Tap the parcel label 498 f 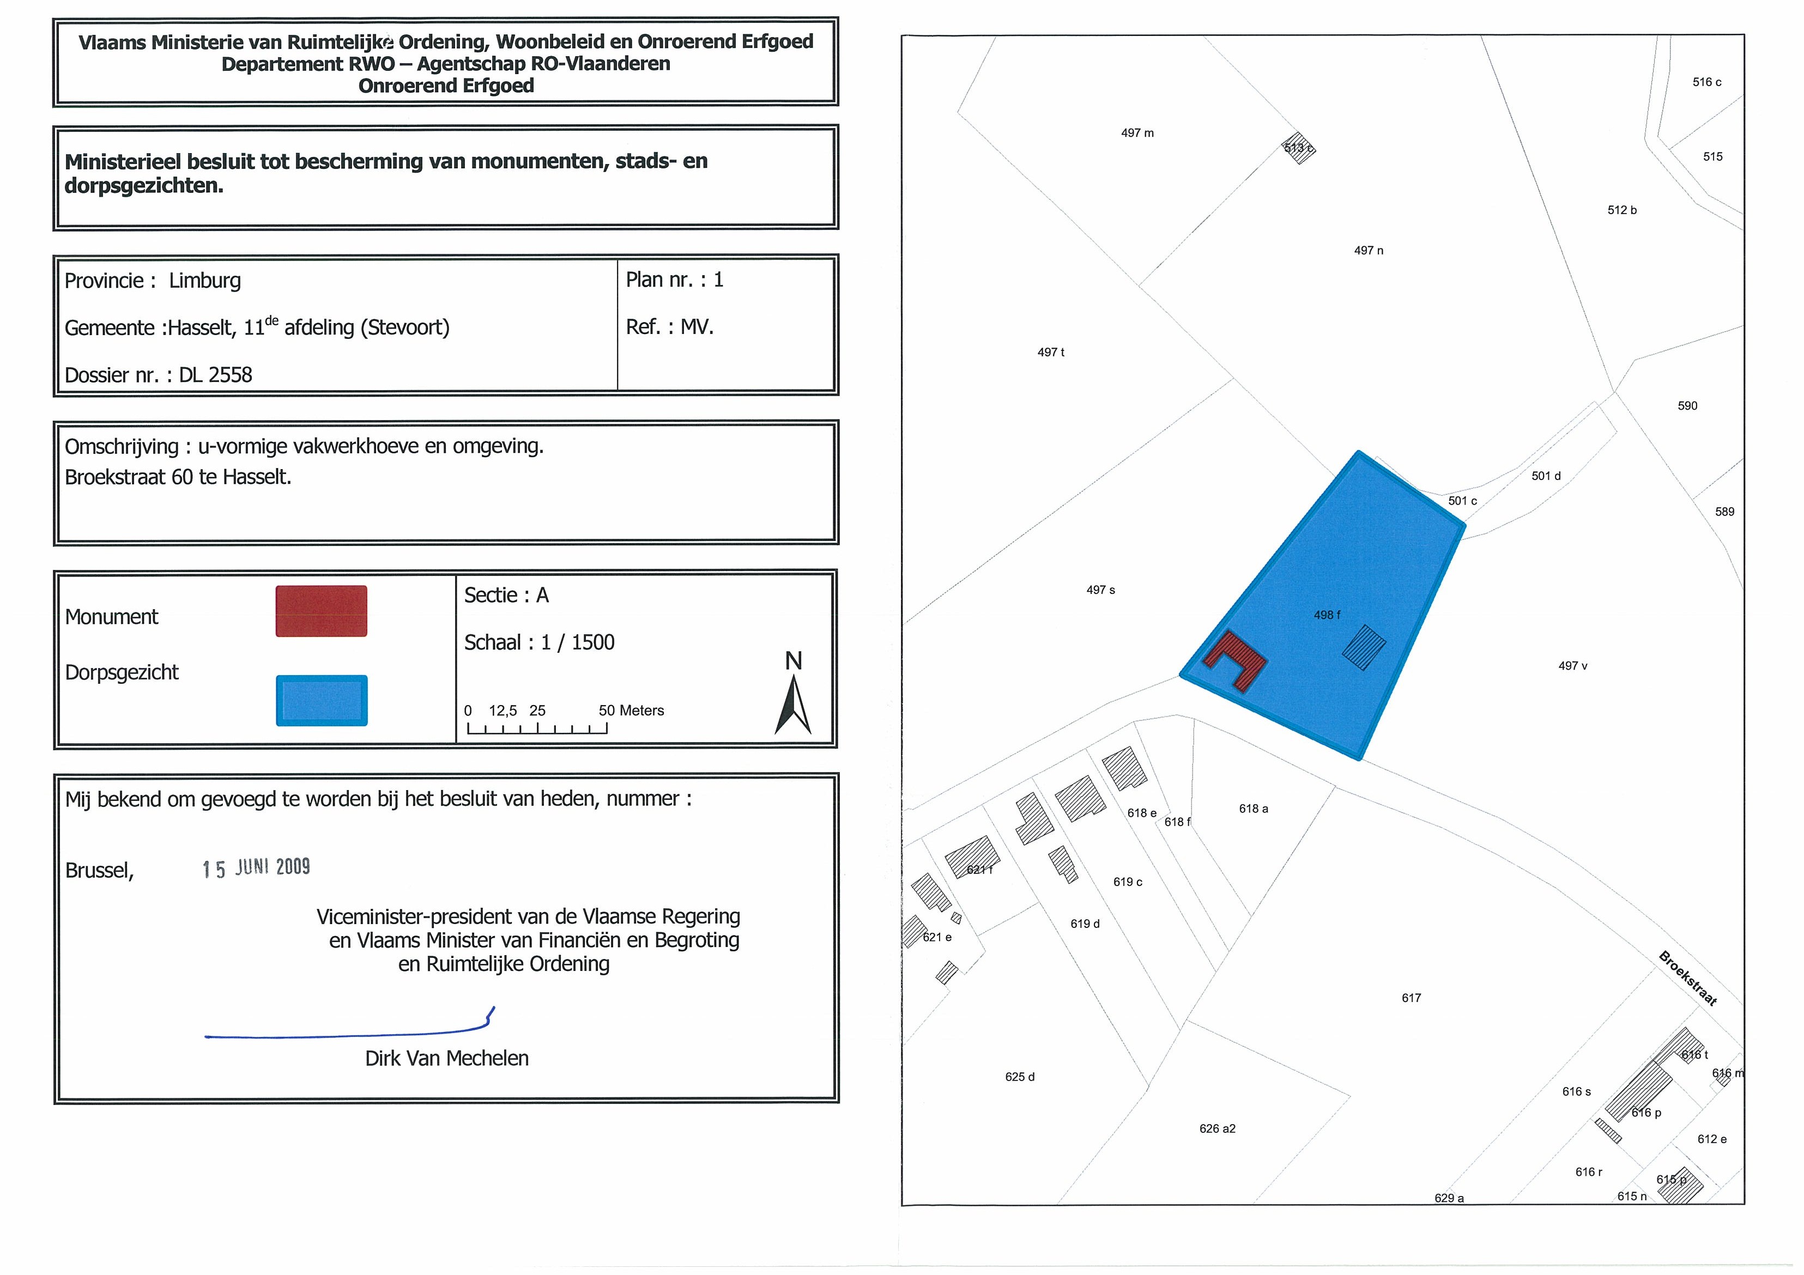point(1327,615)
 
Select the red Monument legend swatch point(322,611)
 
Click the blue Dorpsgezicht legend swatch point(322,700)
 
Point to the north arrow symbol point(794,703)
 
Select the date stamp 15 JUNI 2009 point(256,867)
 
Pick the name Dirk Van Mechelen point(446,1058)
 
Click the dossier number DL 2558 point(215,375)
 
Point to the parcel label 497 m point(1137,133)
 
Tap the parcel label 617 point(1411,998)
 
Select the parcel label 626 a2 point(1217,1129)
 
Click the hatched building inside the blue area point(1363,647)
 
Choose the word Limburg point(204,281)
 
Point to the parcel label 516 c point(1706,82)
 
